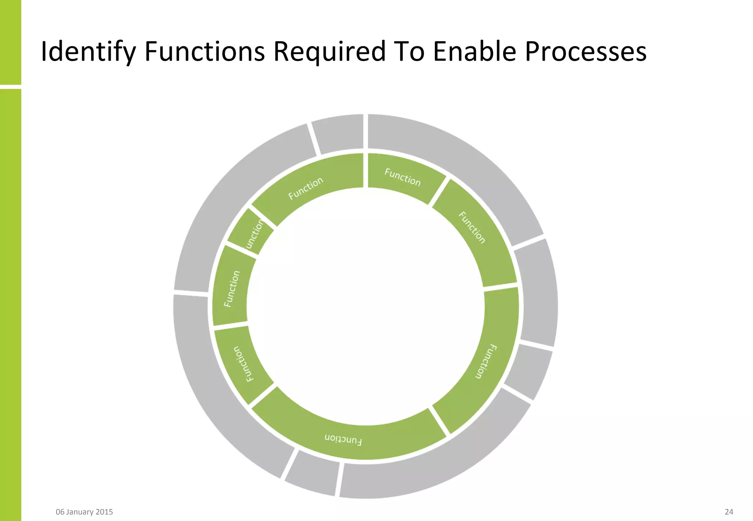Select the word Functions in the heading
pos(204,51)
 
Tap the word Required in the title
pos(329,51)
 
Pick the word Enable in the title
pos(475,51)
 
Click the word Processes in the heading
pos(585,51)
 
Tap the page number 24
pos(729,512)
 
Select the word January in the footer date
pos(80,512)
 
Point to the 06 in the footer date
pos(60,512)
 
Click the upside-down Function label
pos(343,439)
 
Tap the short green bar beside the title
pos(10,42)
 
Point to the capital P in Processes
pos(532,51)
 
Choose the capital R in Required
pos(281,51)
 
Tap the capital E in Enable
pos(440,51)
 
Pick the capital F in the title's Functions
pos(150,51)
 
